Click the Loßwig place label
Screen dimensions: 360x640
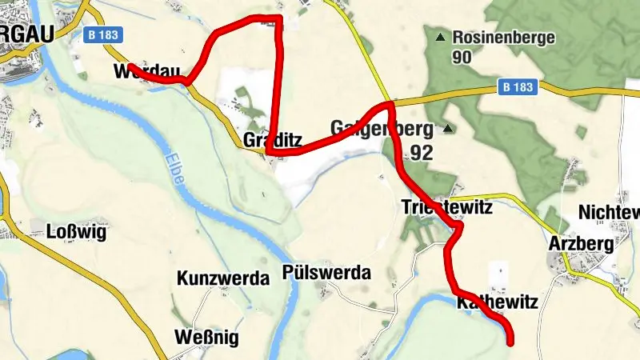click(x=77, y=233)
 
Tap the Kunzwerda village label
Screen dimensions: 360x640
click(x=222, y=279)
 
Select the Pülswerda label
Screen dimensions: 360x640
click(x=327, y=273)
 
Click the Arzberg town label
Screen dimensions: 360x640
click(x=582, y=243)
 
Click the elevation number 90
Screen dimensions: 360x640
click(x=461, y=57)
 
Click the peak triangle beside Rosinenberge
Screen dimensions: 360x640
click(x=439, y=37)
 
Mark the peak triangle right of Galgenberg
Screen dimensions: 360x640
click(x=448, y=128)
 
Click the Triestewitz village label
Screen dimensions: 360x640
click(x=446, y=208)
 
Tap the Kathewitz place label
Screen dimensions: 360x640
click(x=497, y=303)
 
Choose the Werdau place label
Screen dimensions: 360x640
click(x=148, y=70)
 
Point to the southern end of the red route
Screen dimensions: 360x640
click(x=510, y=342)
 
